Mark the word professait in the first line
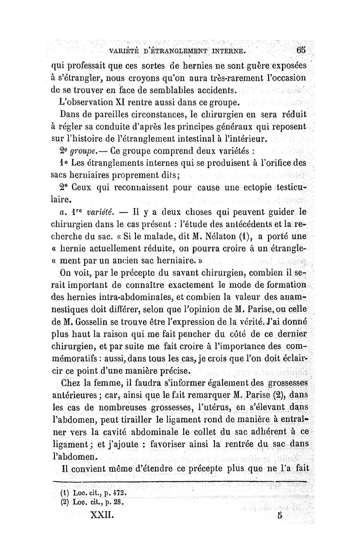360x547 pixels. click(93, 62)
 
